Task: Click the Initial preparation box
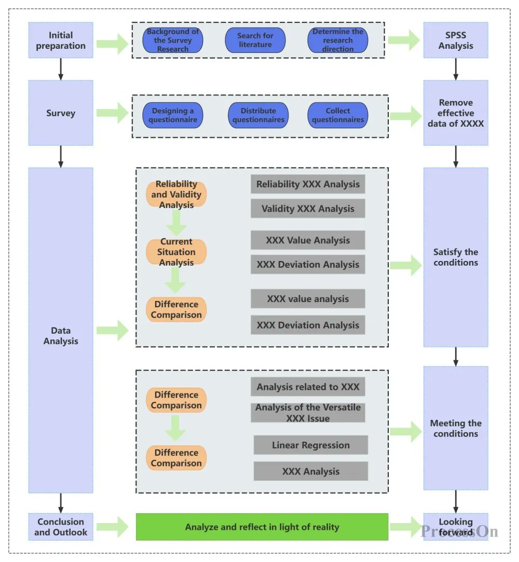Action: (61, 40)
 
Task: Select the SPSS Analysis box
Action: (456, 40)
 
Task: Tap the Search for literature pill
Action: (255, 40)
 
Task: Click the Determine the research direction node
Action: (338, 40)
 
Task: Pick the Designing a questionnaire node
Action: (173, 115)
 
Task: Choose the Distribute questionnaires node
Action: (258, 115)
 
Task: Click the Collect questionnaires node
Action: (338, 115)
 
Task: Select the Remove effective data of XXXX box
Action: (456, 113)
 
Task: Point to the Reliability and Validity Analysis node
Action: (176, 194)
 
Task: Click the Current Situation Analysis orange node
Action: (176, 252)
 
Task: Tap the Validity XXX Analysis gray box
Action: (308, 209)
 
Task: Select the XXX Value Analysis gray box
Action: (308, 240)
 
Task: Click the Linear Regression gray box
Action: (310, 445)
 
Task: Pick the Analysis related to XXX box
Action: (308, 387)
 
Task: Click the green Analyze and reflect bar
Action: (262, 527)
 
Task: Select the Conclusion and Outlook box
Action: (61, 527)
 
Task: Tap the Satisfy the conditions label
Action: (456, 257)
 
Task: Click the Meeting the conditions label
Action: (456, 429)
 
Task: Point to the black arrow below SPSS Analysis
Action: (456, 68)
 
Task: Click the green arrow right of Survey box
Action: (112, 113)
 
